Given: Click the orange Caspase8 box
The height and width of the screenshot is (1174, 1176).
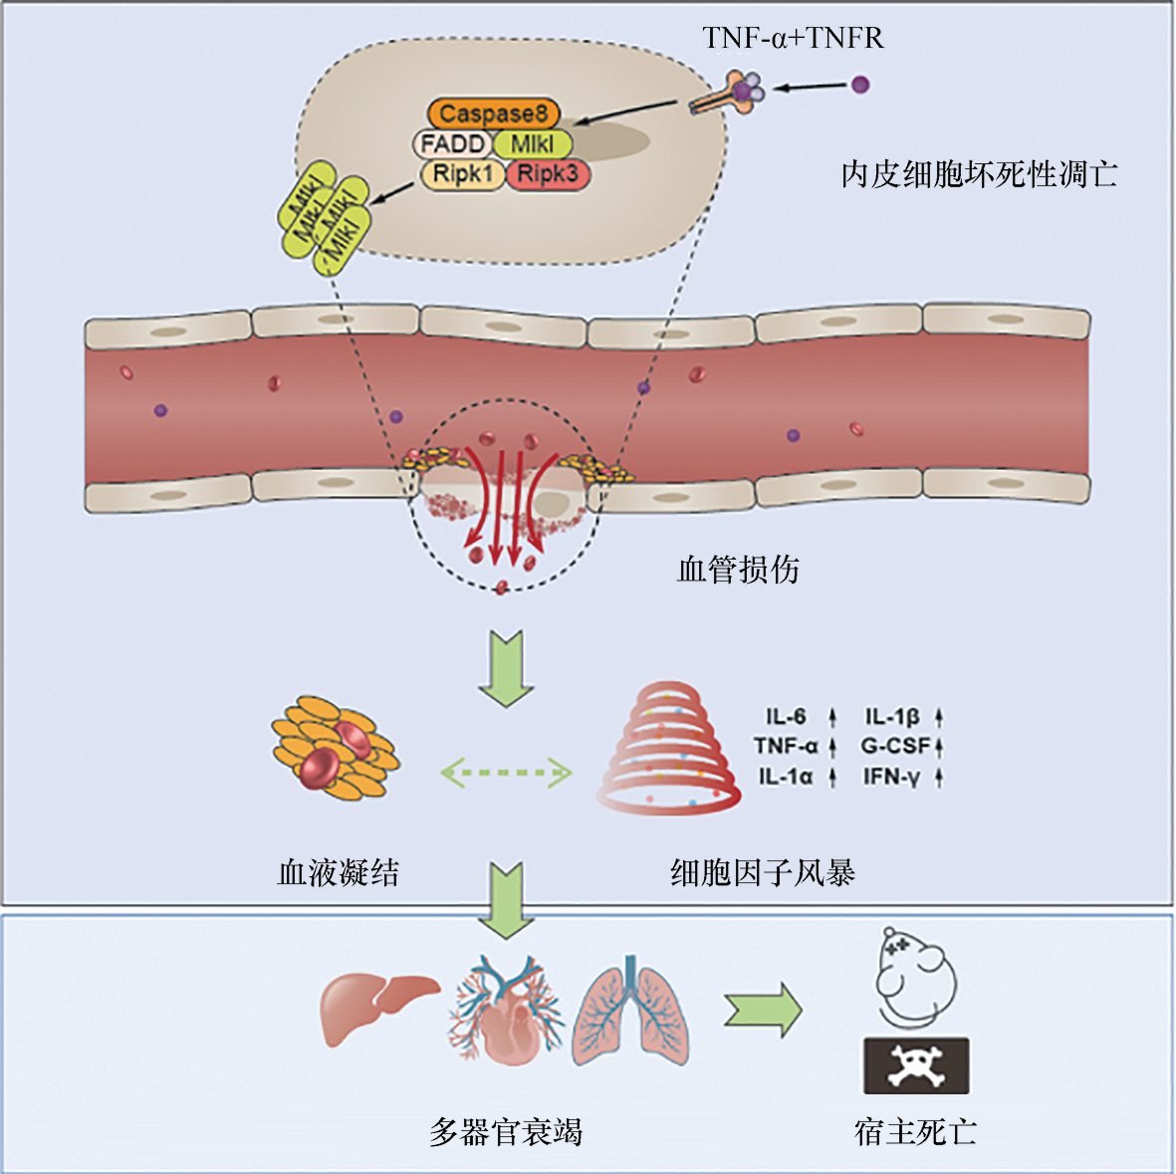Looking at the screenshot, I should point(494,114).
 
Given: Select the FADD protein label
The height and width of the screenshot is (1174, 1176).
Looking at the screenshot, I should point(451,144).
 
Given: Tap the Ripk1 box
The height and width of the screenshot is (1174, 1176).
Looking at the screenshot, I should point(463,175).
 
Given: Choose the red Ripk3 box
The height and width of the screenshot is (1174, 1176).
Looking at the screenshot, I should point(548,175).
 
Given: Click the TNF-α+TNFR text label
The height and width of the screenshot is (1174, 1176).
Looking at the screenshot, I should point(793,38).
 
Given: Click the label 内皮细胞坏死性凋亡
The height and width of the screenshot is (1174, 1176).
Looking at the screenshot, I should point(979,175).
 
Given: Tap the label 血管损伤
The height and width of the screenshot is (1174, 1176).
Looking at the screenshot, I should point(738,570).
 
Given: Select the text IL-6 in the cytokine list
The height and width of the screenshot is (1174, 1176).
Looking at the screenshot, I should point(786,716).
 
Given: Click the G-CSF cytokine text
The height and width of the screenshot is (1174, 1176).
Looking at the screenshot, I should point(895,746).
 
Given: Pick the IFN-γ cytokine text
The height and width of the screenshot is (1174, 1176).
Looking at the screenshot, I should point(891,777).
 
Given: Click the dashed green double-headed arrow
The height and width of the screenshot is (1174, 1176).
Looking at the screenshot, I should point(507,772).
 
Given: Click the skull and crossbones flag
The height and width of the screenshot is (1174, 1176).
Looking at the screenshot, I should point(915,1065).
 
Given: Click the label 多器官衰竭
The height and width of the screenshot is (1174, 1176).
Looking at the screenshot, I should point(506,1132).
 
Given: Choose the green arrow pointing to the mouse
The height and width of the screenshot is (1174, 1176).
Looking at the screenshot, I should point(763,1010).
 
